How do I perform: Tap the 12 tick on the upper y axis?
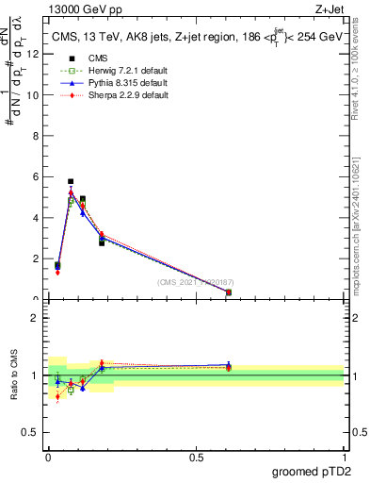coord(35,54)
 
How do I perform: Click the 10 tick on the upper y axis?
coord(35,95)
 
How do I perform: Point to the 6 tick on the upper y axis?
coord(37,176)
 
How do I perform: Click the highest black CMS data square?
coord(71,181)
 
